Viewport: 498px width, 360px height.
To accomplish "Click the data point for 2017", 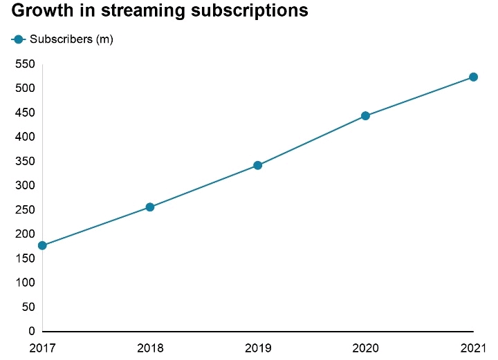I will click(x=42, y=245).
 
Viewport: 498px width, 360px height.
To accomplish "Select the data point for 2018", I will click(x=150, y=207).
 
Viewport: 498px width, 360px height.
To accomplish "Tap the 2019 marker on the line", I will click(x=258, y=165).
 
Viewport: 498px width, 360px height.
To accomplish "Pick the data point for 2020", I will click(x=365, y=116).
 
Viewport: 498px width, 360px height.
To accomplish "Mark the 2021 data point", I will click(x=473, y=77).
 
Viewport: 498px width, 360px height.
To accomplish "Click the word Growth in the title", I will click(x=39, y=12).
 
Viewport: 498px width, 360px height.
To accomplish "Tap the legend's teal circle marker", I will click(x=19, y=39).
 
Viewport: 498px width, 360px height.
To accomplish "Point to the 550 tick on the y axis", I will click(x=24, y=64).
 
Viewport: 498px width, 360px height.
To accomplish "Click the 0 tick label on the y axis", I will click(x=31, y=332).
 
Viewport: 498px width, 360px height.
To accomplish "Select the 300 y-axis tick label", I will click(x=24, y=186).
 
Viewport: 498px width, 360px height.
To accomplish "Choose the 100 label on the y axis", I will click(x=24, y=283).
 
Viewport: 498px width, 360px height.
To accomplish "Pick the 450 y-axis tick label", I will click(x=24, y=113).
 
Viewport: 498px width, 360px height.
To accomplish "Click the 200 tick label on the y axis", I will click(x=24, y=234).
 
